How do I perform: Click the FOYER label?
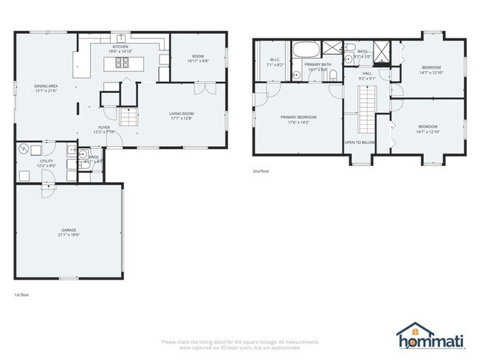pyautogui.click(x=102, y=128)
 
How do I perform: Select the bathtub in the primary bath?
pyautogui.click(x=304, y=52)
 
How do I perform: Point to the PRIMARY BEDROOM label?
pyautogui.click(x=298, y=117)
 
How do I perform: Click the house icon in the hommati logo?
pyautogui.click(x=410, y=333)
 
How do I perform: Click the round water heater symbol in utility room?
pyautogui.click(x=24, y=149)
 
